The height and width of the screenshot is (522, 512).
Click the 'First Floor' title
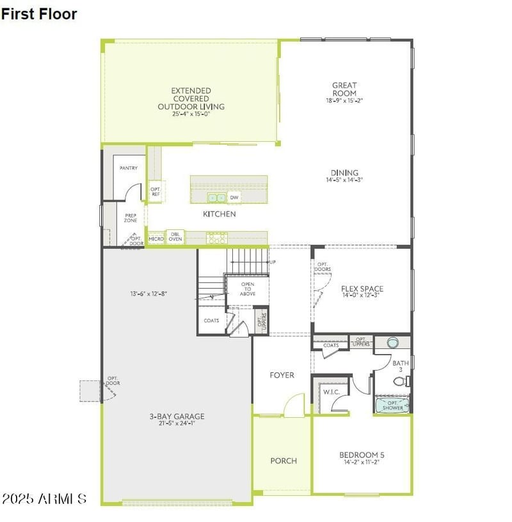click(x=39, y=13)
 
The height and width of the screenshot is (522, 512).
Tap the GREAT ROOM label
click(x=344, y=89)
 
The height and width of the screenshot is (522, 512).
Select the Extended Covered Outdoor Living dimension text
click(x=191, y=114)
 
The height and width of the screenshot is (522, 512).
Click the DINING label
click(x=344, y=173)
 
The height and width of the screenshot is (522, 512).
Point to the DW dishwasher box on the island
click(x=234, y=197)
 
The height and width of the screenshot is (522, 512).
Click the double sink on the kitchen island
click(x=216, y=197)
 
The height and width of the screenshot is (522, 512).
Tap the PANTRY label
click(x=129, y=168)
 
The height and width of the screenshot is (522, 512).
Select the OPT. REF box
click(x=156, y=191)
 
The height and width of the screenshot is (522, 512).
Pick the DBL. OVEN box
click(x=175, y=237)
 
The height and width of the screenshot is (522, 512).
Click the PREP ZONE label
click(x=131, y=219)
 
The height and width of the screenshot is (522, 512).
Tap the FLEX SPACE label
click(x=362, y=289)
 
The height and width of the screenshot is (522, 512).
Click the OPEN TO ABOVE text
click(x=248, y=289)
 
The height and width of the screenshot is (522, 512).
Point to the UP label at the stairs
click(x=273, y=262)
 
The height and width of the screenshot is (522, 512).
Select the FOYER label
click(x=282, y=375)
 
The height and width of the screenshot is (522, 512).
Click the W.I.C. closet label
click(x=331, y=392)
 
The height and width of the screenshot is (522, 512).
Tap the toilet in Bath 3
click(x=399, y=382)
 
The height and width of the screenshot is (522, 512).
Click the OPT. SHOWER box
click(x=392, y=405)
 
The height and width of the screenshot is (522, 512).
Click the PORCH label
click(x=283, y=461)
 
